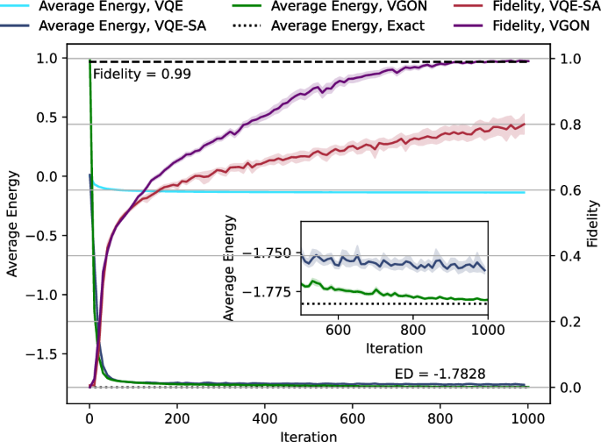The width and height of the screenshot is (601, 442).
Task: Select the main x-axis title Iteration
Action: pyautogui.click(x=308, y=435)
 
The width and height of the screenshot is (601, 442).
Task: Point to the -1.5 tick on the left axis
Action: pyautogui.click(x=44, y=353)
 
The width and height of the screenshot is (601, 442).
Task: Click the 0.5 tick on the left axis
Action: pyautogui.click(x=49, y=118)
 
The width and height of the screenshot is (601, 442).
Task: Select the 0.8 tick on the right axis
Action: pyautogui.click(x=571, y=125)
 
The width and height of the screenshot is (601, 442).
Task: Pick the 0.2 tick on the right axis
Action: pyautogui.click(x=571, y=322)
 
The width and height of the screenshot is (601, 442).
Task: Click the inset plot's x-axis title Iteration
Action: pyautogui.click(x=394, y=348)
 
